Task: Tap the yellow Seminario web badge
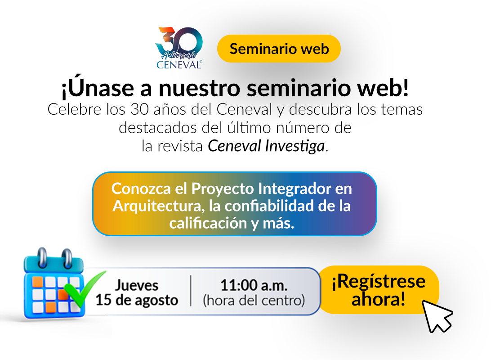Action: coord(279,49)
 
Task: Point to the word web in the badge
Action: coord(315,49)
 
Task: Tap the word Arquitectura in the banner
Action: coord(154,206)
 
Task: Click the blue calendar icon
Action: coord(52,283)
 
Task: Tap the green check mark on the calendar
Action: coord(83,288)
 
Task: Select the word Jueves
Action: coord(137,285)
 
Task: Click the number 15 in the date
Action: coord(103,300)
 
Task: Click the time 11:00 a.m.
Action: coord(254,285)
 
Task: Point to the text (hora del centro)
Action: coord(254,300)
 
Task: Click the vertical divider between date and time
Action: coord(191,291)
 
